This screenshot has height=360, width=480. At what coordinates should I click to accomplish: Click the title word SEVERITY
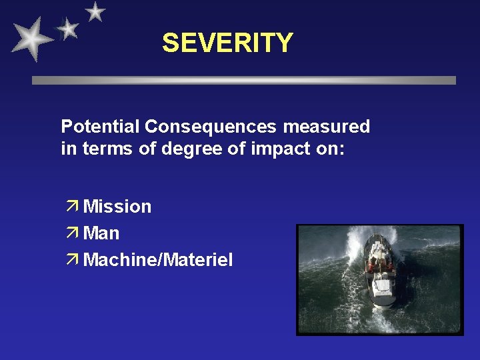227,43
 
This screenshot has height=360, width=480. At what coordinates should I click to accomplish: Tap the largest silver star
31,39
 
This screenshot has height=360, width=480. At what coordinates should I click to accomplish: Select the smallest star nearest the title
95,11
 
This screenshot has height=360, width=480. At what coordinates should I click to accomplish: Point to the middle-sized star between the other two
67,28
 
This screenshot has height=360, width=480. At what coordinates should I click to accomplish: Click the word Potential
101,126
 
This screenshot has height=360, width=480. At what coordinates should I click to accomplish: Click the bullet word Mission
117,207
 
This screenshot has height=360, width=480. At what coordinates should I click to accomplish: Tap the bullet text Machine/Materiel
158,260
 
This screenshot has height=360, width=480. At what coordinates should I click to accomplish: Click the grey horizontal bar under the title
244,80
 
